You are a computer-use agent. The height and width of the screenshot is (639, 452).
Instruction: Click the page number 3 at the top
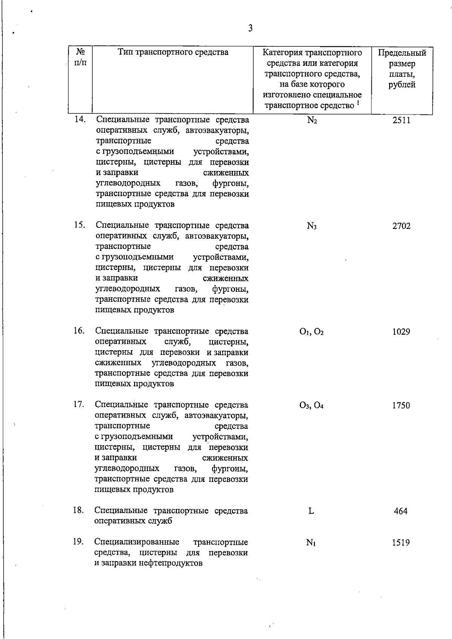[250, 28]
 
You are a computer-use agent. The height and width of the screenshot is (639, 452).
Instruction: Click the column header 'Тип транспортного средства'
[173, 52]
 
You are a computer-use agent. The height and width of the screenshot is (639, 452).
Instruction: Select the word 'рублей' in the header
[402, 85]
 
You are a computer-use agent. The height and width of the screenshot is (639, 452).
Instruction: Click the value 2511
[401, 120]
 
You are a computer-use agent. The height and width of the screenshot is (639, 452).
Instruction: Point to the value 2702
[401, 226]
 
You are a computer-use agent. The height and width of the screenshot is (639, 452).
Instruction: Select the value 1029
[401, 332]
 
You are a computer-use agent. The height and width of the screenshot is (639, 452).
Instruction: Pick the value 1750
[401, 406]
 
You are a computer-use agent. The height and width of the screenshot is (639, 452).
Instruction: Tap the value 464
[400, 511]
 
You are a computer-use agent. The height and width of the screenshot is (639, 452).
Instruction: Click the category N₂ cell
[312, 120]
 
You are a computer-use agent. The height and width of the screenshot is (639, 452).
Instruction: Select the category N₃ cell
[312, 226]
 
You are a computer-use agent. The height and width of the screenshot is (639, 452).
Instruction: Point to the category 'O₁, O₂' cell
[312, 332]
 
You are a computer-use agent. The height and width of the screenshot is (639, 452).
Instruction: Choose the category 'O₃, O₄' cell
[312, 406]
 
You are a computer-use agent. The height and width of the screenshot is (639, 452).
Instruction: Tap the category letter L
[311, 511]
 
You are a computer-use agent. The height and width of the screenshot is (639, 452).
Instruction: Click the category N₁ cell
[311, 543]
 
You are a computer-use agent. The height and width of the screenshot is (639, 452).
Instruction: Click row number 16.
[79, 331]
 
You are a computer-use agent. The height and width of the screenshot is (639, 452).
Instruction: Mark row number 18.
[78, 510]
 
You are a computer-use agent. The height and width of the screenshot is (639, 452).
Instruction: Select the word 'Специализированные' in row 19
[137, 542]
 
